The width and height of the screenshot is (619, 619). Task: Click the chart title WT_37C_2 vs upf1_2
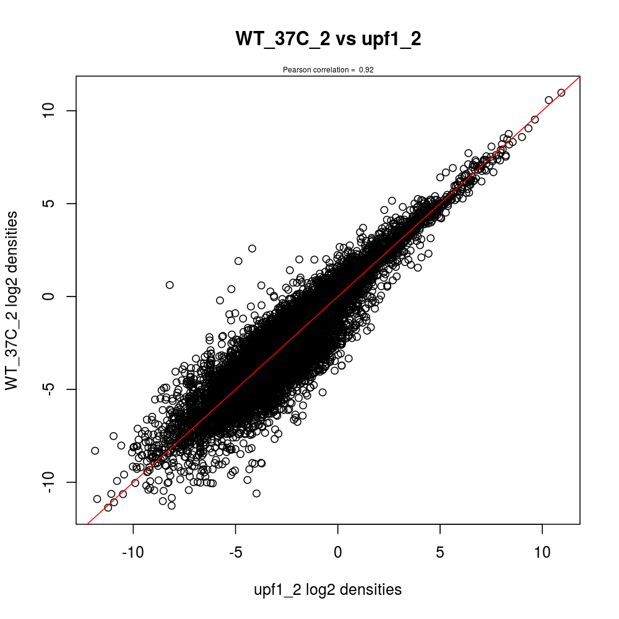pyautogui.click(x=328, y=39)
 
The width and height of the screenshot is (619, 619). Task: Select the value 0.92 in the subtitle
pyautogui.click(x=366, y=70)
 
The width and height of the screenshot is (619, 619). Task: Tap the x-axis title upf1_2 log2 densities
pyautogui.click(x=328, y=589)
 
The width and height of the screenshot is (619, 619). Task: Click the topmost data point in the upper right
pyautogui.click(x=561, y=93)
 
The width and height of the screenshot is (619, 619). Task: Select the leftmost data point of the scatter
pyautogui.click(x=95, y=451)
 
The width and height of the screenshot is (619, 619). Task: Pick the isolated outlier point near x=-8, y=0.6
pyautogui.click(x=170, y=285)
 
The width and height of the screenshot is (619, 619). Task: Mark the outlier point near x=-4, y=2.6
pyautogui.click(x=252, y=248)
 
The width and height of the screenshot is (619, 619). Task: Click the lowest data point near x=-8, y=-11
pyautogui.click(x=171, y=505)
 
